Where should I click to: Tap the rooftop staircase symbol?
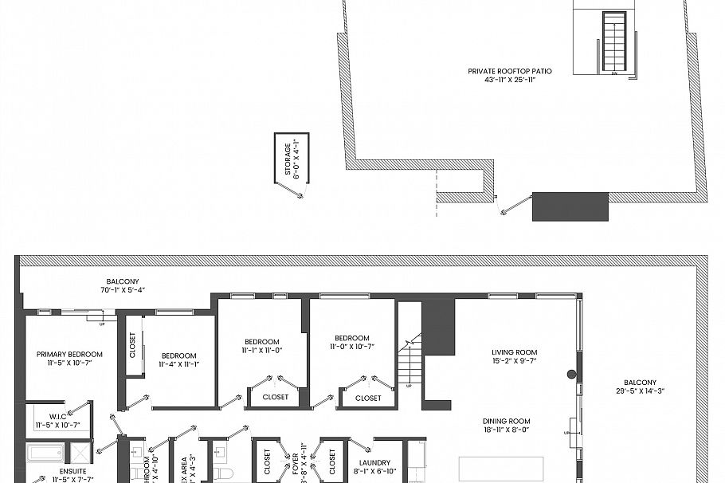click(x=614, y=41)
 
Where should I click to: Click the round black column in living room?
click(x=571, y=375)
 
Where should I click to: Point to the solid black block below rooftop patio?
click(x=570, y=206)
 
